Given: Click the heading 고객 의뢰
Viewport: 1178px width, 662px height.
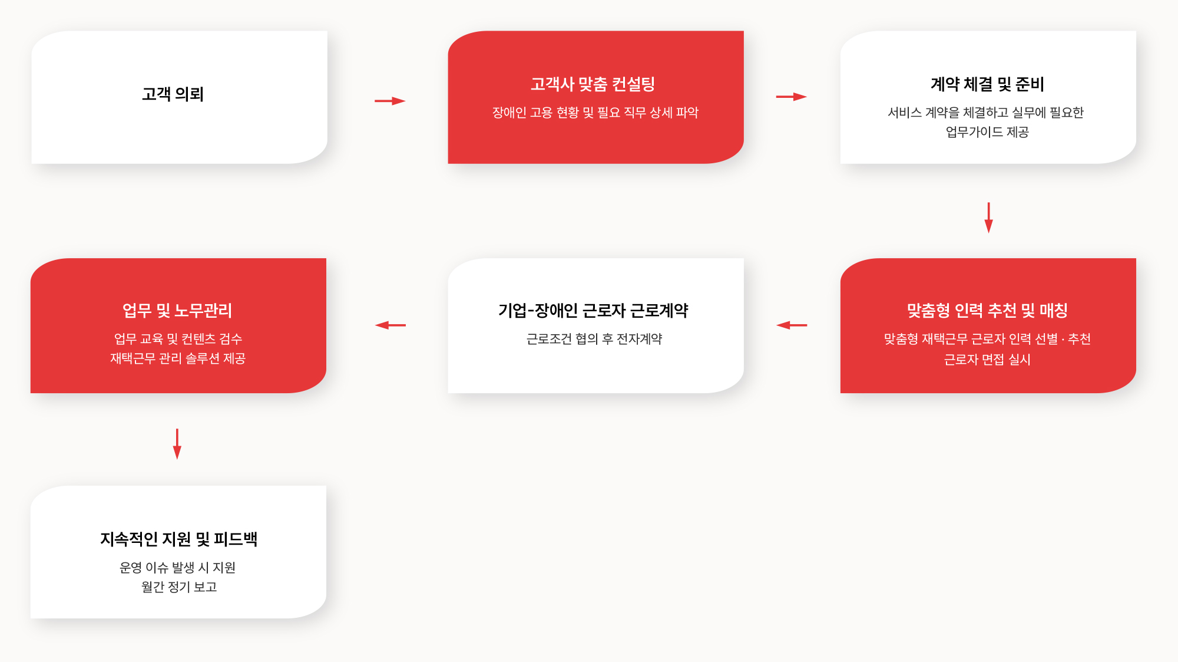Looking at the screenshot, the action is (173, 94).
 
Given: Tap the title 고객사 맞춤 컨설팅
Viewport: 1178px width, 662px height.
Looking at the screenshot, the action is (593, 84).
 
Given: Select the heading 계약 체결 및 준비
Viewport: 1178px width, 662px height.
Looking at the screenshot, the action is (987, 84).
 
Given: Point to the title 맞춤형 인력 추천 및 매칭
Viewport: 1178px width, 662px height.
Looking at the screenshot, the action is (987, 311).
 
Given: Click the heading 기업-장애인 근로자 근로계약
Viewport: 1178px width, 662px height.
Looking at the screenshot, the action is (593, 311).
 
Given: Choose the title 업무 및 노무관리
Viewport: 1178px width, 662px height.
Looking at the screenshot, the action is (177, 311).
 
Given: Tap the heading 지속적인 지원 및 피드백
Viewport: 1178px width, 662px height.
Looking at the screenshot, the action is (178, 539).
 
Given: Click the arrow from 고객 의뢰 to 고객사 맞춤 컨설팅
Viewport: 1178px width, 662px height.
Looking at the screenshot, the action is (390, 101).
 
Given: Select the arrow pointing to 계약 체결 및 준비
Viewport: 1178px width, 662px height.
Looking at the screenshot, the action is (791, 97).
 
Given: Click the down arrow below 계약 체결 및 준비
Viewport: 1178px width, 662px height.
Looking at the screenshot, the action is (988, 218).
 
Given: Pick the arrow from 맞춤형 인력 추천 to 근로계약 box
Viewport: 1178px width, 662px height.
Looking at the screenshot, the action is (792, 325).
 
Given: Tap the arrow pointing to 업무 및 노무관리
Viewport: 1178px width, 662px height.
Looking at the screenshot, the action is (390, 325).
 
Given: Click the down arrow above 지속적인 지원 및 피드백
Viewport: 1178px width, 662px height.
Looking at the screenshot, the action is (177, 444).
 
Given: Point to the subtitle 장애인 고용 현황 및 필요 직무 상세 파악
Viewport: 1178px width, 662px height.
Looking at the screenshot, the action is (595, 113).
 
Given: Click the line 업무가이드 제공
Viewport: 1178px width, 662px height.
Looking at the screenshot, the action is (987, 132).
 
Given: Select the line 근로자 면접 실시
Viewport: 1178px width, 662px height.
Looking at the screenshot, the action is (987, 360).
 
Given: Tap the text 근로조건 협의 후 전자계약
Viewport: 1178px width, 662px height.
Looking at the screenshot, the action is (594, 339).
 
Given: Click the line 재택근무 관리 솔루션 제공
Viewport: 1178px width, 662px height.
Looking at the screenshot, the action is (178, 358).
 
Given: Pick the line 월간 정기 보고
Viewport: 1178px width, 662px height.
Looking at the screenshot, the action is (179, 587).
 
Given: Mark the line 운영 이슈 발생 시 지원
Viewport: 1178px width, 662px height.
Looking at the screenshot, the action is (177, 568).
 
